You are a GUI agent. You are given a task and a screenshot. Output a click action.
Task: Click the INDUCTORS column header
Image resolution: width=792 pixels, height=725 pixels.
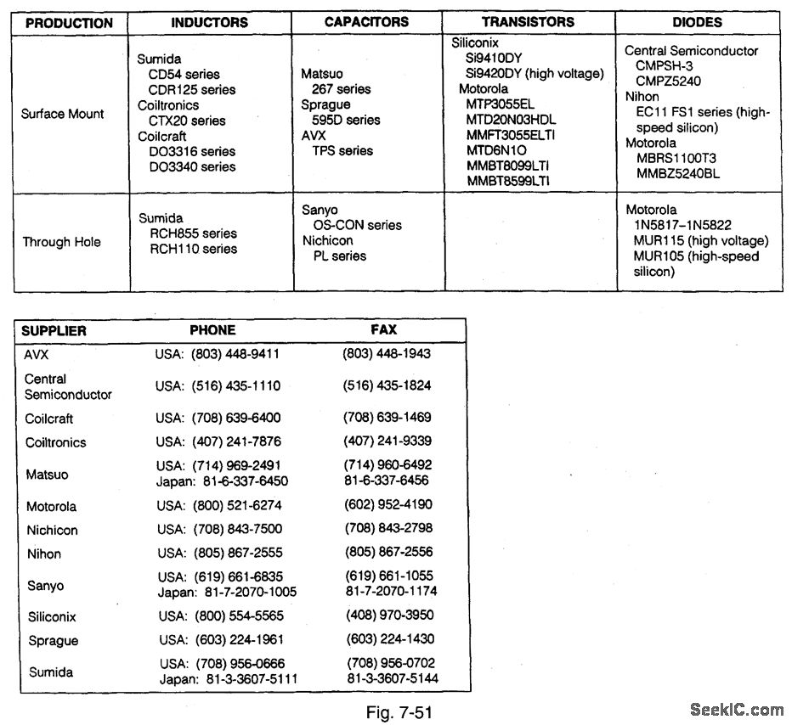[x=209, y=23]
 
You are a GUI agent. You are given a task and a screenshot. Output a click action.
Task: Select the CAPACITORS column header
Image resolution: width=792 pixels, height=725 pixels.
[x=366, y=22]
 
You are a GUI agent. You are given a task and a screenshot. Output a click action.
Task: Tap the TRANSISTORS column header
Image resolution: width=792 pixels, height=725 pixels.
[x=528, y=22]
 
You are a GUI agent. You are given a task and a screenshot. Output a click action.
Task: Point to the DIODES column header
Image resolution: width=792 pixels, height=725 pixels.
[x=697, y=23]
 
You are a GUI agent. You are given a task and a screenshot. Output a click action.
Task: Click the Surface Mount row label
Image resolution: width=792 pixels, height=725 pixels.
[x=63, y=114]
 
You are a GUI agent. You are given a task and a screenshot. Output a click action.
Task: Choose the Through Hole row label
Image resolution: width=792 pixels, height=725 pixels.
[x=61, y=242]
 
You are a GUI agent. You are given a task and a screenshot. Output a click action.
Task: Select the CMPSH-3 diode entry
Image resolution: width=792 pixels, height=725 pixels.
[x=665, y=65]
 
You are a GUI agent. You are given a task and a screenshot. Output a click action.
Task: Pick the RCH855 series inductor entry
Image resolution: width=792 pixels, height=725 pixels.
[x=194, y=233]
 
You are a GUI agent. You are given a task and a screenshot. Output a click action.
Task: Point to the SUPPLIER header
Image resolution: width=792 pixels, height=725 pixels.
[x=54, y=330]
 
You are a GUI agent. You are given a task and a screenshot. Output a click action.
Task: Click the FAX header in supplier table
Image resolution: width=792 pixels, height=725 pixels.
[x=383, y=329]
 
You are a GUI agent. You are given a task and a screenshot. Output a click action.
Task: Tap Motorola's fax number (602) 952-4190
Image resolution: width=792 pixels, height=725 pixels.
[x=388, y=505]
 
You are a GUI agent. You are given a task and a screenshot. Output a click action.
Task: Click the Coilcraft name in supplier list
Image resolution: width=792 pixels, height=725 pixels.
[x=49, y=419]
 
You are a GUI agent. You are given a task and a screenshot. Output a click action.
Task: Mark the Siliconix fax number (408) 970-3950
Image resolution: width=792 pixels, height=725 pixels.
[x=389, y=615]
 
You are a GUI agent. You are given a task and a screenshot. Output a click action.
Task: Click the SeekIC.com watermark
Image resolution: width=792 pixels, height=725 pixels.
[x=737, y=710]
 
